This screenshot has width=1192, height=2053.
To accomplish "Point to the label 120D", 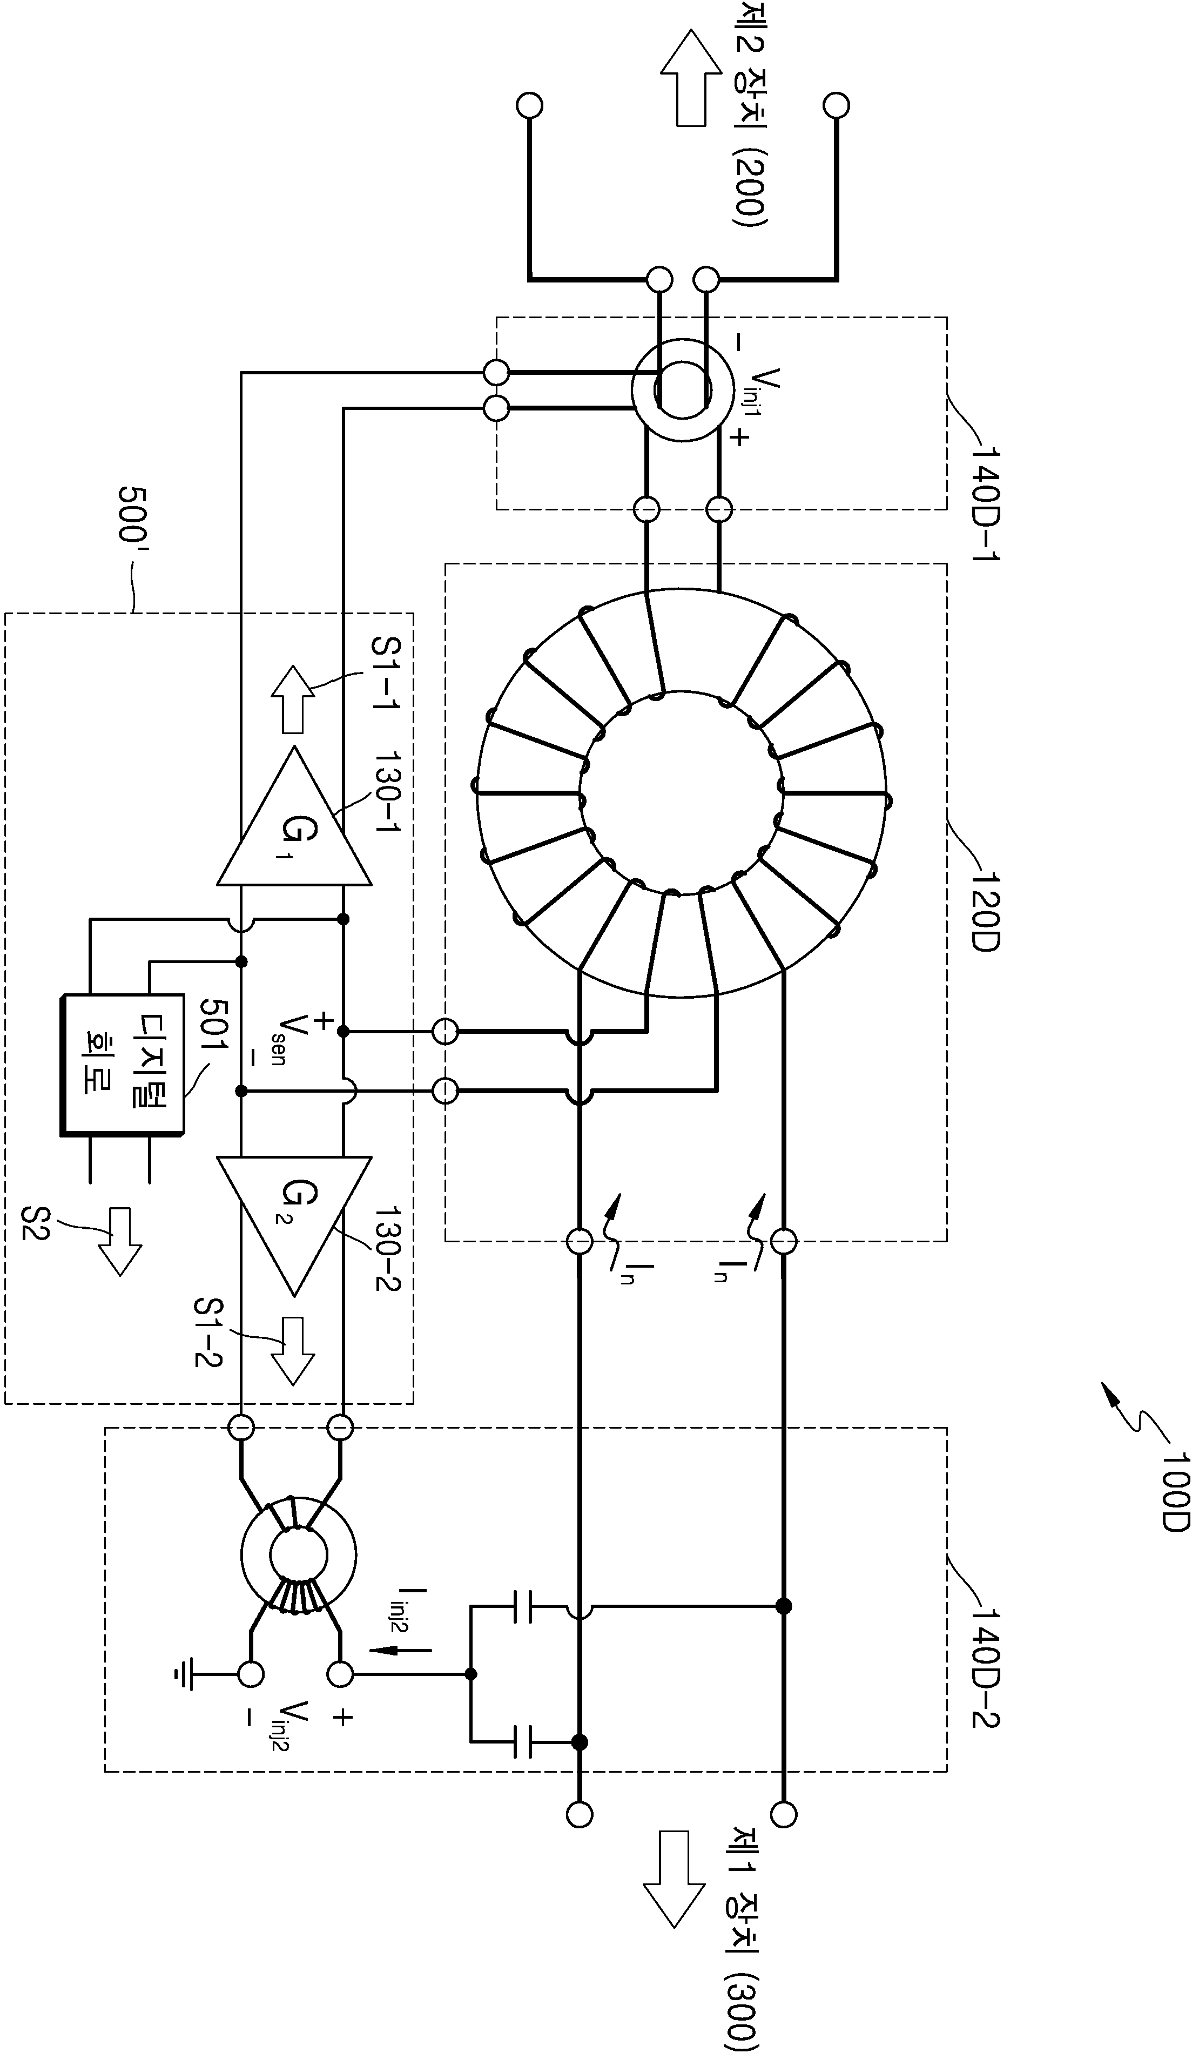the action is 986,910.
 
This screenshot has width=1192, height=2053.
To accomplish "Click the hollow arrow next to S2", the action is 120,1242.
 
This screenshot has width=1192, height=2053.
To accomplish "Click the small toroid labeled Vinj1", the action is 682,391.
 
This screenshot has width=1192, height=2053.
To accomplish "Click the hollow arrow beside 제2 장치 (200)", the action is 691,78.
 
